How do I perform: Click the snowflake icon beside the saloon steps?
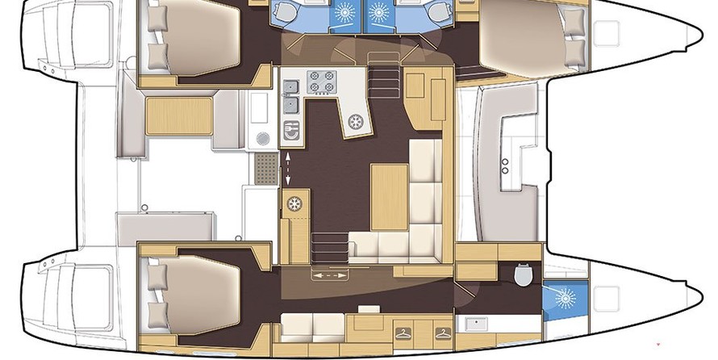[294, 203]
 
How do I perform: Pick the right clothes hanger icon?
[440, 333]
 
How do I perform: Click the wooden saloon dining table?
[389, 194]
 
